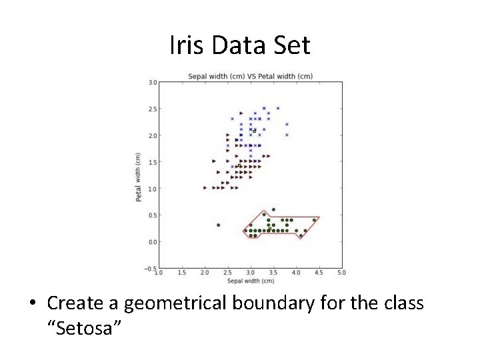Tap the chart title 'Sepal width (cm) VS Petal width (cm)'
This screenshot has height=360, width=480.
point(250,76)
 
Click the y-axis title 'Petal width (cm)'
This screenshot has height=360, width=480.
point(139,177)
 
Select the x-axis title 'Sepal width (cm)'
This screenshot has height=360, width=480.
point(250,281)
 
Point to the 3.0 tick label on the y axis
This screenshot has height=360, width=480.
point(152,83)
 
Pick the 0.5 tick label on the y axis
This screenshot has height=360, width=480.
point(152,215)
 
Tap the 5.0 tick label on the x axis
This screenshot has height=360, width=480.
point(341,273)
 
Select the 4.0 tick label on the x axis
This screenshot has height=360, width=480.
point(296,273)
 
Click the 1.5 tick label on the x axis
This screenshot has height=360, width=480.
point(181,273)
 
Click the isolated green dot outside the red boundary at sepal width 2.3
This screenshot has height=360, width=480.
point(218,225)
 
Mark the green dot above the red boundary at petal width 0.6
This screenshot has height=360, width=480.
point(273,209)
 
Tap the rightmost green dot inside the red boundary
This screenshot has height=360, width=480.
point(314,220)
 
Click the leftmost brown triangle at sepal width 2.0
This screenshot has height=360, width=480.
point(205,188)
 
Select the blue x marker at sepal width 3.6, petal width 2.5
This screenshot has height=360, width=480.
point(278,108)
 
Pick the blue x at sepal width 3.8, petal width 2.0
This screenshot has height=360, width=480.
point(287,135)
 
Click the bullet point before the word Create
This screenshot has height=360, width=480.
point(32,304)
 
